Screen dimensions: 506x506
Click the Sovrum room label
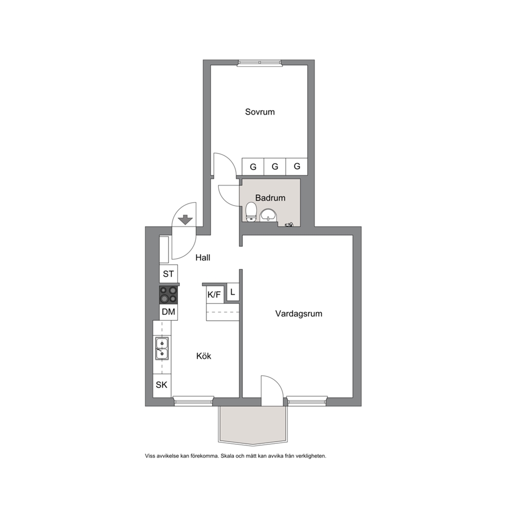[260, 112]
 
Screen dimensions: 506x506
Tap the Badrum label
[270, 198]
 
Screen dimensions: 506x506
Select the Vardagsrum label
[298, 314]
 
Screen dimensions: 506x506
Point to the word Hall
[203, 258]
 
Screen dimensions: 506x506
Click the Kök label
[204, 356]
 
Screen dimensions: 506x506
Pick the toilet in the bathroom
[251, 212]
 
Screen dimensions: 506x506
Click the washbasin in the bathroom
[268, 215]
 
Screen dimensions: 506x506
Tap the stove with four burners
[168, 295]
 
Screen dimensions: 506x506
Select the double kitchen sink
[162, 348]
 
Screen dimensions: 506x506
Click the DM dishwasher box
[168, 312]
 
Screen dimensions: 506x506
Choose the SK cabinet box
[162, 385]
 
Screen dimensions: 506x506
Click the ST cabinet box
[168, 274]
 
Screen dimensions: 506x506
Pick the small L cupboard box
[233, 292]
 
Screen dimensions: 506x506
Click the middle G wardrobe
[275, 166]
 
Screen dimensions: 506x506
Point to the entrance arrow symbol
[186, 220]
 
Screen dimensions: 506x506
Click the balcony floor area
[252, 424]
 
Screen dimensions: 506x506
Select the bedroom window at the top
[260, 63]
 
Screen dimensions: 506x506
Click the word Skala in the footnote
[228, 456]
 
